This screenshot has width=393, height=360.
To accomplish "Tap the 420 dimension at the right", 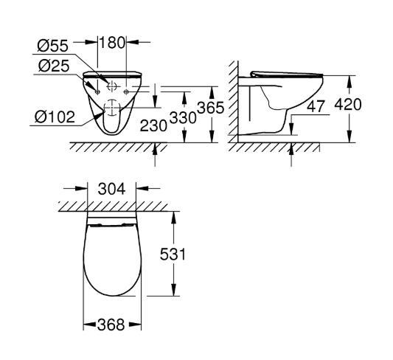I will click(348, 104).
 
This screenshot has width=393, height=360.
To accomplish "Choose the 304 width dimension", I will click(112, 189).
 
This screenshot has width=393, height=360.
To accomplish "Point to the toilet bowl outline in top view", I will click(111, 266).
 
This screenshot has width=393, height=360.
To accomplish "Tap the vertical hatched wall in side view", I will click(233, 103).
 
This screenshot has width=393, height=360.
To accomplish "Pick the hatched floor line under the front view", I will click(111, 147).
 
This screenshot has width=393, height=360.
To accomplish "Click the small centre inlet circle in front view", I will click(111, 86).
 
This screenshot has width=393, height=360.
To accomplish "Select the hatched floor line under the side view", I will click(273, 146).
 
